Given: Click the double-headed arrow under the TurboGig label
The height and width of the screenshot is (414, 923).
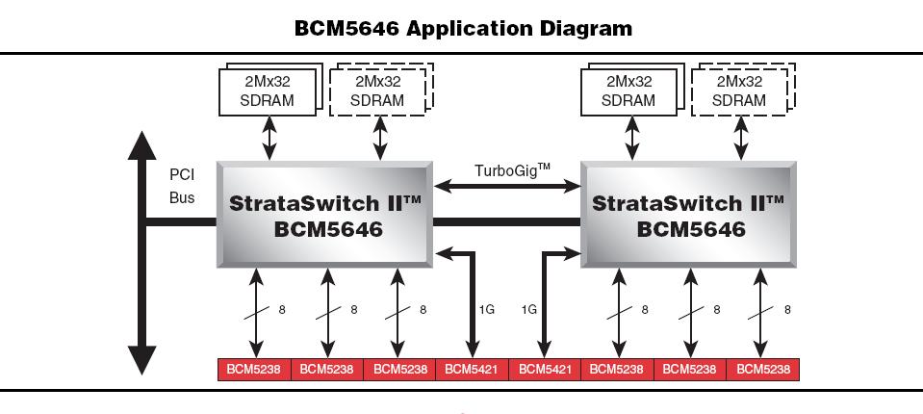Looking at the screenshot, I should click(508, 186).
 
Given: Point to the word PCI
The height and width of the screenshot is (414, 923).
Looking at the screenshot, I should click(182, 176).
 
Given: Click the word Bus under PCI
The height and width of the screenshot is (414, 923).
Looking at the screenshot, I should click(182, 197).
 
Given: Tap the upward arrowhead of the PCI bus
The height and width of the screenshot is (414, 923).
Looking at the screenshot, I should click(143, 144).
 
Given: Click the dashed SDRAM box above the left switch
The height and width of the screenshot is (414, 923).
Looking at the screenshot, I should click(377, 91).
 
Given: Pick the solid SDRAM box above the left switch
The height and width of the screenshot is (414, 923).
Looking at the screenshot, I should click(269, 91).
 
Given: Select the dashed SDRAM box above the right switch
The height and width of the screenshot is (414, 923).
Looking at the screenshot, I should click(739, 91).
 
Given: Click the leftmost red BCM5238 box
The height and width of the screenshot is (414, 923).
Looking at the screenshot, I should click(254, 369).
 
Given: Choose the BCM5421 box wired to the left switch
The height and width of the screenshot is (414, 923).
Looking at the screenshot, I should click(472, 369).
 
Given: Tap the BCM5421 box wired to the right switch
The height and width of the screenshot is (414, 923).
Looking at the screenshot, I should click(545, 369).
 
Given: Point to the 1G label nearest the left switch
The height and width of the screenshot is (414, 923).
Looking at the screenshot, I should click(487, 310).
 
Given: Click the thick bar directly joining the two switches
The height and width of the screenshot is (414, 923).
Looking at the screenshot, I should click(508, 222).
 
